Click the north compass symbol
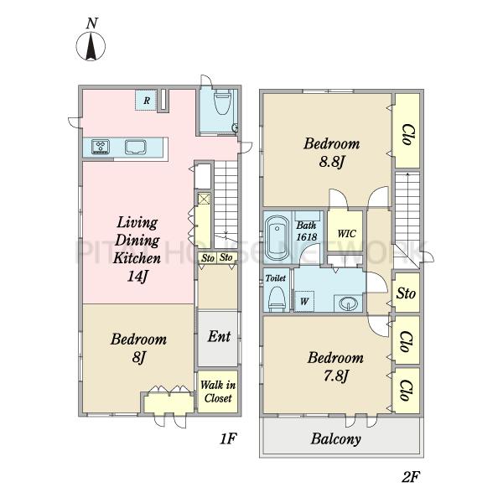(91, 46)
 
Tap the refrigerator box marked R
(146, 101)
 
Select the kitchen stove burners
(101, 147)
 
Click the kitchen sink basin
(136, 148)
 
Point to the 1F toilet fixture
(223, 102)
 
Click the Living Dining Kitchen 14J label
(137, 249)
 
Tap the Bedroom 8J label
(138, 348)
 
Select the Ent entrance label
(219, 336)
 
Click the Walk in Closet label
(218, 392)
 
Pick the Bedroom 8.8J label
(332, 153)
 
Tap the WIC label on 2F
(346, 233)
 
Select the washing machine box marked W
(304, 301)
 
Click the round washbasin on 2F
(349, 303)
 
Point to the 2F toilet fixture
(277, 298)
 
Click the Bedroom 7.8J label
(335, 366)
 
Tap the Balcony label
(336, 438)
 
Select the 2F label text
(411, 477)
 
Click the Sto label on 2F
(406, 293)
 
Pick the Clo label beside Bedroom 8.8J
(408, 134)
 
